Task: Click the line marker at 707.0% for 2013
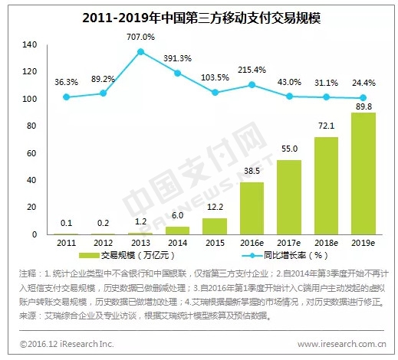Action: tap(141, 52)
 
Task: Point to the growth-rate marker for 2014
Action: tap(178, 73)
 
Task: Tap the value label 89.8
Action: tap(363, 106)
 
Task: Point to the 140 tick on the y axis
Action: tap(30, 45)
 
